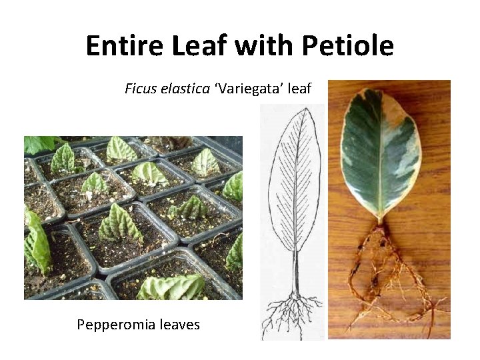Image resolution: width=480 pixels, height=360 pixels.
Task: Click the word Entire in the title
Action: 126,46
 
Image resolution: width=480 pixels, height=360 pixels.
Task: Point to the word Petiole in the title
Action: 347,46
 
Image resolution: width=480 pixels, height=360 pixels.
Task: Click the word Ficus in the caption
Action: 140,88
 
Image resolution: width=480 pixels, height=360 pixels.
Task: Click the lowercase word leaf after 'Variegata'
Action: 299,88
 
